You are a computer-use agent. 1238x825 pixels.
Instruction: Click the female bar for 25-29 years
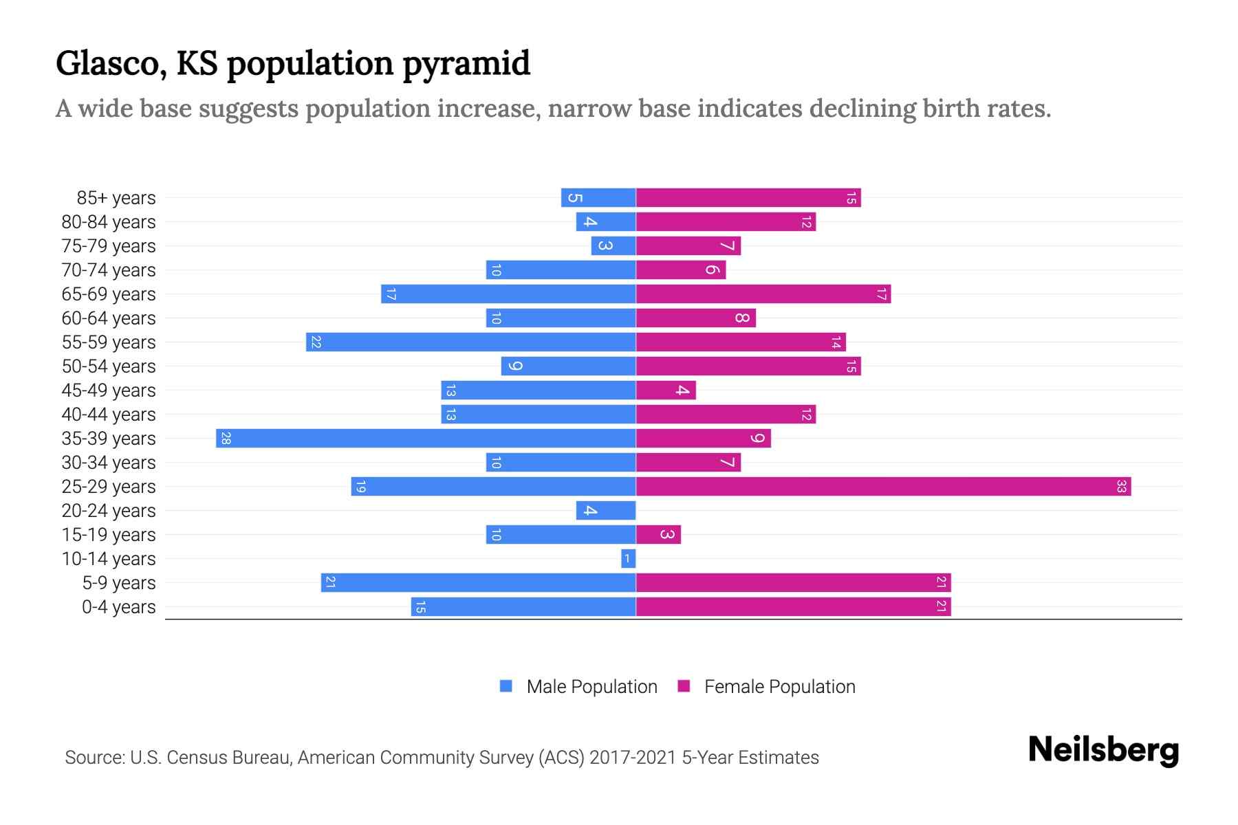(883, 487)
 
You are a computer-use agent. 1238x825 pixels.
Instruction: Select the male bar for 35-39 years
(426, 439)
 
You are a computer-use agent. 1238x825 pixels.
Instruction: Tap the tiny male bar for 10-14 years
(628, 559)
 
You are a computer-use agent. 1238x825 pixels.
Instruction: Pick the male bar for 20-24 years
(606, 511)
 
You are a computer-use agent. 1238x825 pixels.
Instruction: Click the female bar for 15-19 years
(658, 535)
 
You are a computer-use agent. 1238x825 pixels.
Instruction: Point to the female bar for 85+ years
(748, 198)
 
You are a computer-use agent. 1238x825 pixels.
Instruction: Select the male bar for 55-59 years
(471, 342)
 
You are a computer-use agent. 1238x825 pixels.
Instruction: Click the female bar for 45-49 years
(666, 390)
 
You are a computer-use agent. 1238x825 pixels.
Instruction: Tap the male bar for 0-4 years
(523, 607)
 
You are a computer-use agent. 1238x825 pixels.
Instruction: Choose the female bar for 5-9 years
(793, 583)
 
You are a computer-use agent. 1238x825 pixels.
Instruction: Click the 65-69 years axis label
(109, 294)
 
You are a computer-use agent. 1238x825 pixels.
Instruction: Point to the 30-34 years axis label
(109, 463)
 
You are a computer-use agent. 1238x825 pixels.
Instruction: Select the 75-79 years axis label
(109, 246)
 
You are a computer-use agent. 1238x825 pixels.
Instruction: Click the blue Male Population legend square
(506, 686)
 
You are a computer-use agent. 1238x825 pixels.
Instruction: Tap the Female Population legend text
(779, 687)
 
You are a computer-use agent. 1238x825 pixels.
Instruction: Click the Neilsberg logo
(1103, 750)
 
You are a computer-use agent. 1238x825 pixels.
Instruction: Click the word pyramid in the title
(466, 63)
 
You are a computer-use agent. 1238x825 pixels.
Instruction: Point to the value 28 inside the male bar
(226, 439)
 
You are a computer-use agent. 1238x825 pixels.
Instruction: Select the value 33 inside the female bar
(1121, 487)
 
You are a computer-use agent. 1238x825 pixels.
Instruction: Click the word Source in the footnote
(94, 758)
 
